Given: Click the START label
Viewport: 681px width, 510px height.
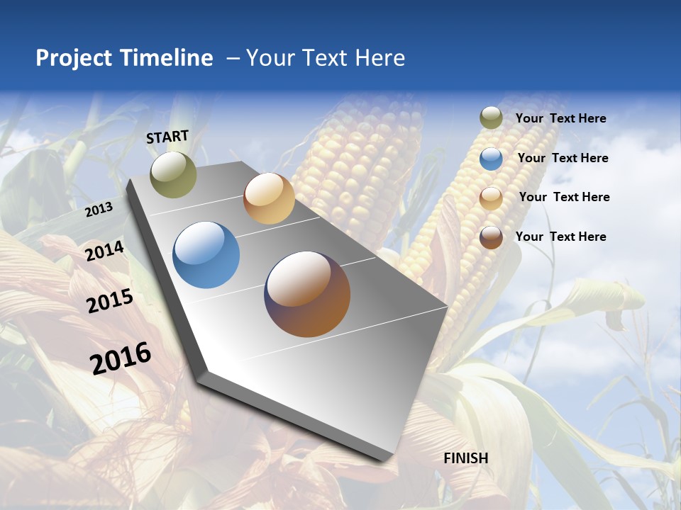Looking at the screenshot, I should coord(167,137).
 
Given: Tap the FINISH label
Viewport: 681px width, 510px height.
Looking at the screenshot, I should coord(466,458).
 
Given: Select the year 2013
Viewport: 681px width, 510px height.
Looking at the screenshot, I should coord(99,210).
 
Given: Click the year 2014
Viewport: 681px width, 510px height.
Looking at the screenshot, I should coord(105,251).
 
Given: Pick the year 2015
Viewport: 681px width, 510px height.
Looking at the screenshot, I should coord(110,301).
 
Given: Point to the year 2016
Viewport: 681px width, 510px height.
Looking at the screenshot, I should coord(121,358).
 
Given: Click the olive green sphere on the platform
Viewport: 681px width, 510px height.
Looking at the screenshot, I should coord(173,174).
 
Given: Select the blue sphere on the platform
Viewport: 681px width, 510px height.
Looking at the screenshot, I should coord(206,255).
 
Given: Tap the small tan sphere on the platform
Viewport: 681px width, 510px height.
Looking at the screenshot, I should coord(269,198).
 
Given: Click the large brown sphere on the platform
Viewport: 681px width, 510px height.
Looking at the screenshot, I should coord(307,294).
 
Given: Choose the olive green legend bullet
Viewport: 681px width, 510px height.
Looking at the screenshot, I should coord(491,118).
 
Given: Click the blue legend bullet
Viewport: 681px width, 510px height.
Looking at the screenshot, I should coord(491,159).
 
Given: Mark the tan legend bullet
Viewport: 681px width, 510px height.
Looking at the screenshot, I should coord(491,198).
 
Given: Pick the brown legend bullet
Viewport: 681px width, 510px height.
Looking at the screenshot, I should coord(491,237).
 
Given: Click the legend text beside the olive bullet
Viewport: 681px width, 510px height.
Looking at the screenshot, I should coord(560,118).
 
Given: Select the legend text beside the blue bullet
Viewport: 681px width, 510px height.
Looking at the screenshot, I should coord(563,158).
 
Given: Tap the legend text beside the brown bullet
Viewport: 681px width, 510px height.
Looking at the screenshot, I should coord(560,237).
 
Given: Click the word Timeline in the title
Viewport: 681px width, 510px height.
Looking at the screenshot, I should coord(167,58).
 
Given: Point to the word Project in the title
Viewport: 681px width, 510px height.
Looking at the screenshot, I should coord(74,58).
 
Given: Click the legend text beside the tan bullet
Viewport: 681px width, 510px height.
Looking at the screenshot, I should coord(564,197).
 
